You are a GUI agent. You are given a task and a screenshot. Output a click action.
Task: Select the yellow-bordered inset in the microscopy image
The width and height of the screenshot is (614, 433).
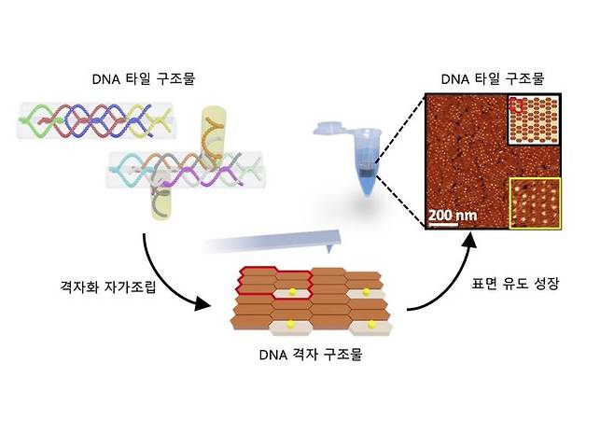[535, 202]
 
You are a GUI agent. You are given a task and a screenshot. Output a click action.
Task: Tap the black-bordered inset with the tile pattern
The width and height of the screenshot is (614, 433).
[535, 119]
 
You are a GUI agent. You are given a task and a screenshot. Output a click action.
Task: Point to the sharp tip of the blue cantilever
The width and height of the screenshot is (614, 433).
[330, 252]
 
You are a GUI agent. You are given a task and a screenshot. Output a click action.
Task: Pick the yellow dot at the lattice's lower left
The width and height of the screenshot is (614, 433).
[289, 325]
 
